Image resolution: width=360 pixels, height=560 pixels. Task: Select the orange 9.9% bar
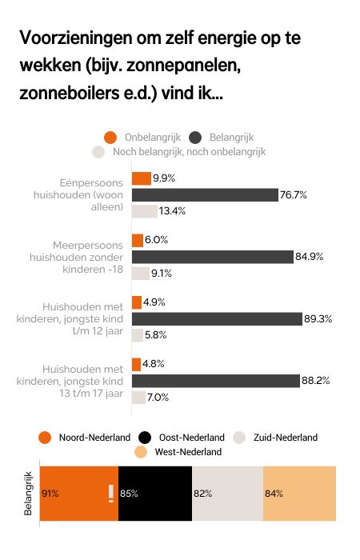coord(141,178)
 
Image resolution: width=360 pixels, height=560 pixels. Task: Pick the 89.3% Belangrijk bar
coord(216,318)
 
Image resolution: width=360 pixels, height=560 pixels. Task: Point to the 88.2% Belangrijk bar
coord(215,380)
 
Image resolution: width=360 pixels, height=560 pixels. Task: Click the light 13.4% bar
coord(144,211)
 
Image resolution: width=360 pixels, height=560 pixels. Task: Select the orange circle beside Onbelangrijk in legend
coord(110,137)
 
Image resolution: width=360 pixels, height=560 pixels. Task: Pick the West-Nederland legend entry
coord(177,452)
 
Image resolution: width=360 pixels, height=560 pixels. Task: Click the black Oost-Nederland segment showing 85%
coord(155,494)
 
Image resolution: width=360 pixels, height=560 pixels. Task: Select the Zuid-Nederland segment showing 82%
coord(227,494)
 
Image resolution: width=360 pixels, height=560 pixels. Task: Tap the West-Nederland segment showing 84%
coord(299,494)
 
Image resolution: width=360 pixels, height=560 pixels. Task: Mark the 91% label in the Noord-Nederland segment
coord(51,494)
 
